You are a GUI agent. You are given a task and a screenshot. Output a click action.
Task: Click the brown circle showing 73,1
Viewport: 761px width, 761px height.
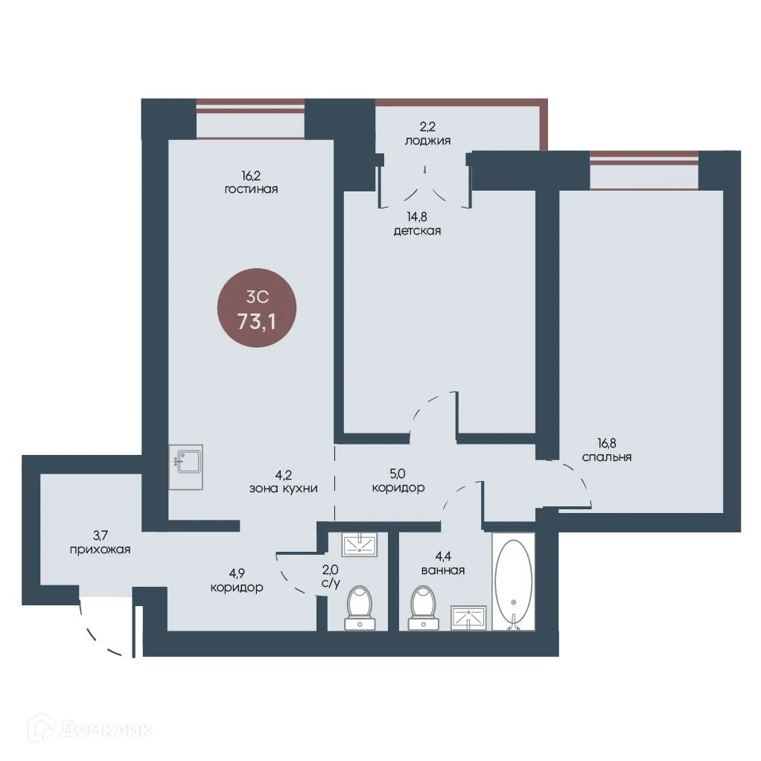(257, 308)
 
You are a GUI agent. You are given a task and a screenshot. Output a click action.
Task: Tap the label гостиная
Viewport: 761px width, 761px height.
(251, 189)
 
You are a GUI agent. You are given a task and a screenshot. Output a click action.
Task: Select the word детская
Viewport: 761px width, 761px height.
(418, 231)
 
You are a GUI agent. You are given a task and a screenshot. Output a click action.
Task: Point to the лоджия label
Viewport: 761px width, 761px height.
(427, 141)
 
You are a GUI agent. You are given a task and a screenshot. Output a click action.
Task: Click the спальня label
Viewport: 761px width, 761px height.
(607, 457)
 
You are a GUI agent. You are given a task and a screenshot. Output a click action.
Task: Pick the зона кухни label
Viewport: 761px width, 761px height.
(284, 488)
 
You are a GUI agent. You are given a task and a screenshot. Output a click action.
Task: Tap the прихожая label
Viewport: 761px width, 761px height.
(100, 550)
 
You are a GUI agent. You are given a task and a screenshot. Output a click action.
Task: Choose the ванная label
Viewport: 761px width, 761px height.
(443, 570)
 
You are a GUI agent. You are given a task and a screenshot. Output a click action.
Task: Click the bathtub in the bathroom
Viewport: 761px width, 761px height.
(514, 582)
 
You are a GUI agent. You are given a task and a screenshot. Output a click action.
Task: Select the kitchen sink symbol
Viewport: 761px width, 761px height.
(186, 467)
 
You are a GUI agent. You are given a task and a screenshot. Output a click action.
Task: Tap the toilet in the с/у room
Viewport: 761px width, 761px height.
(360, 608)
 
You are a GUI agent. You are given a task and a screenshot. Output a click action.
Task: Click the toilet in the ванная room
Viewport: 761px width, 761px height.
(423, 608)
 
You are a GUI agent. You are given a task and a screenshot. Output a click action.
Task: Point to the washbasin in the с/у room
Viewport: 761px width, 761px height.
(359, 544)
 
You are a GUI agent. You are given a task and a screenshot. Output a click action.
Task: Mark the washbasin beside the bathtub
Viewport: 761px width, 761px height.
(468, 618)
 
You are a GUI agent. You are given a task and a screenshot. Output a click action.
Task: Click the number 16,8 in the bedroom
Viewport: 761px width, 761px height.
(607, 442)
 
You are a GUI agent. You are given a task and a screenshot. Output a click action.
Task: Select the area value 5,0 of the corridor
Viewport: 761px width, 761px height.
(398, 473)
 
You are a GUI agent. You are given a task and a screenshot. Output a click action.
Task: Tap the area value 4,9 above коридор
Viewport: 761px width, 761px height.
(237, 573)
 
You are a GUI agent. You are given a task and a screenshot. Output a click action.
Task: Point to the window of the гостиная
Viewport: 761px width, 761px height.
(250, 119)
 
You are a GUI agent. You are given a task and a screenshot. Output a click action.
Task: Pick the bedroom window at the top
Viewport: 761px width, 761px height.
(644, 171)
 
